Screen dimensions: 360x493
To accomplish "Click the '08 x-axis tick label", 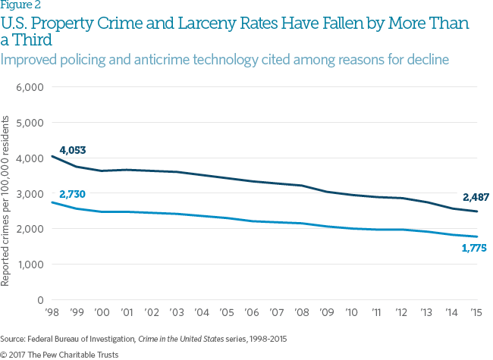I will tap(301, 313).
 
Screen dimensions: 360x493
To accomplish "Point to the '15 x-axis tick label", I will tap(476, 313).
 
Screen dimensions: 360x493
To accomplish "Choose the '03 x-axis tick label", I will tap(175, 313).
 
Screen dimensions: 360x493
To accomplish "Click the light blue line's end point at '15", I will tap(476, 237).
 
